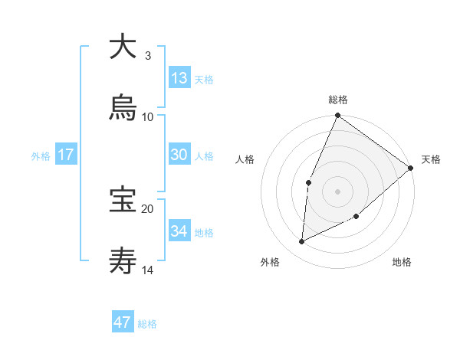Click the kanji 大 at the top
123,47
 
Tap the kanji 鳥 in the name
123,108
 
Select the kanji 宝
123,200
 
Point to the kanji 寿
123,261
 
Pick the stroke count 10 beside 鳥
148,116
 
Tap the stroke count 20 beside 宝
148,208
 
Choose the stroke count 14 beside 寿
148,270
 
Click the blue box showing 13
179,78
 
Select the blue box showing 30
179,155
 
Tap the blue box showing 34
179,231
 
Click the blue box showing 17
66,155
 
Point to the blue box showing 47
123,322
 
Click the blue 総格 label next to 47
147,324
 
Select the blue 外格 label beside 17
41,155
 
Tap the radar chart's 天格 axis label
431,159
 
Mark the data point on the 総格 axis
337,116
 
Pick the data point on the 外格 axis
302,242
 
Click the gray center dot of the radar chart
337,191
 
